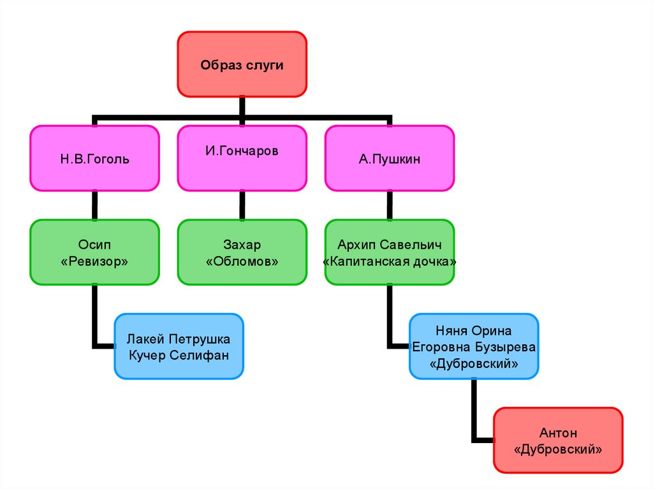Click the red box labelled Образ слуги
point(242,64)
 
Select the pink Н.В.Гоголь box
point(94,158)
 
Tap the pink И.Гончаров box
point(242,158)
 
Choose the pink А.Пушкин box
point(389,158)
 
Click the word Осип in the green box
point(94,244)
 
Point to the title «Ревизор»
point(94,261)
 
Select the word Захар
point(242,244)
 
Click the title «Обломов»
point(242,261)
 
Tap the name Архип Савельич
point(389,244)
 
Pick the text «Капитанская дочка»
point(389,261)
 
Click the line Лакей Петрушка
point(179,339)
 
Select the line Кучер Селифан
point(179,354)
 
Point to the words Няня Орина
point(473,330)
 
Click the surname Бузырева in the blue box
point(504,347)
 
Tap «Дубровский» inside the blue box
point(473,363)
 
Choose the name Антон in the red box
point(558,433)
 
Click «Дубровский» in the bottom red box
point(558,449)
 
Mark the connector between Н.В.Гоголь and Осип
point(94,205)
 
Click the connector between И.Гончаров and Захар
point(242,205)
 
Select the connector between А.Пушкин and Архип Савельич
point(389,205)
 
